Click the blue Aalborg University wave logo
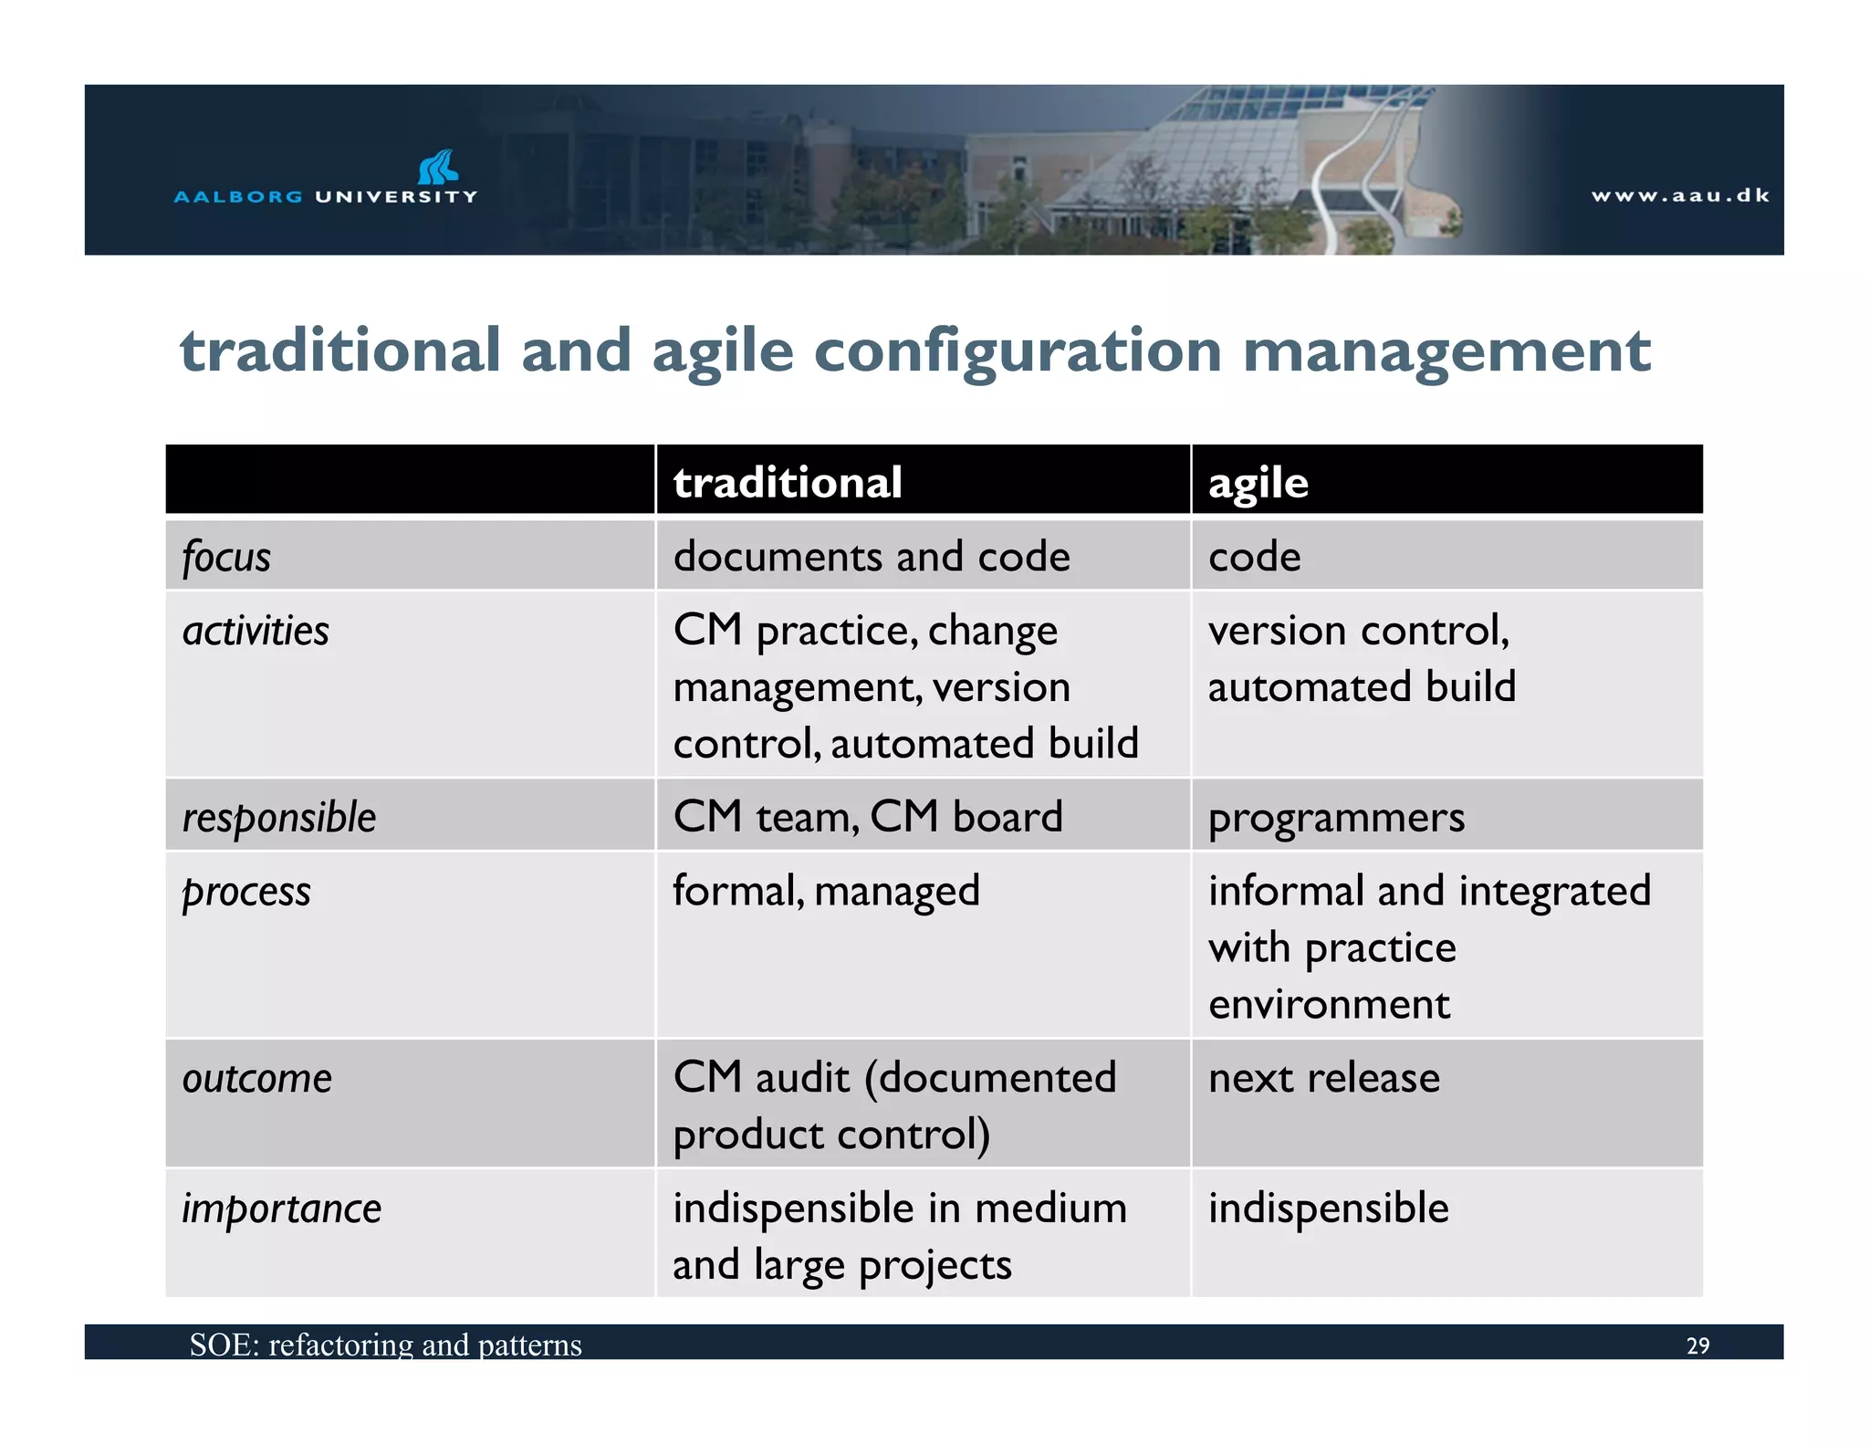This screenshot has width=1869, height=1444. click(438, 168)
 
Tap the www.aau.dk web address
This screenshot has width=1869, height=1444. click(1680, 195)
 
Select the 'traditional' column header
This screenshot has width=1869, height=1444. click(788, 482)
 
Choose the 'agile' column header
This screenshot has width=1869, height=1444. click(1258, 483)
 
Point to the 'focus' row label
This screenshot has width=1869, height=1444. click(226, 557)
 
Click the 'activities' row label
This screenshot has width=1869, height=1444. click(256, 631)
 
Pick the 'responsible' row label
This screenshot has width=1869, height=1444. click(279, 817)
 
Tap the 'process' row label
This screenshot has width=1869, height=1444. click(246, 892)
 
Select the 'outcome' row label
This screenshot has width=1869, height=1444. click(257, 1078)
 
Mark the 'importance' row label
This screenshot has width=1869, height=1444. click(281, 1209)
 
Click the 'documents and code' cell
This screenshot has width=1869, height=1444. click(872, 557)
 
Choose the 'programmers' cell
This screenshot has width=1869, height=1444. click(1336, 818)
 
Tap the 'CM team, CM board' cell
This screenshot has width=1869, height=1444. click(868, 817)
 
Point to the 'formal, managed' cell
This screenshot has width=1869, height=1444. click(826, 891)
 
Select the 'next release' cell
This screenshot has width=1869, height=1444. click(1324, 1078)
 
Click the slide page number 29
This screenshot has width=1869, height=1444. click(1697, 1345)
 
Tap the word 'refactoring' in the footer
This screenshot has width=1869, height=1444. click(340, 1345)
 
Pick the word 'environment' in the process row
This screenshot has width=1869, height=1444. click(1329, 1005)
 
